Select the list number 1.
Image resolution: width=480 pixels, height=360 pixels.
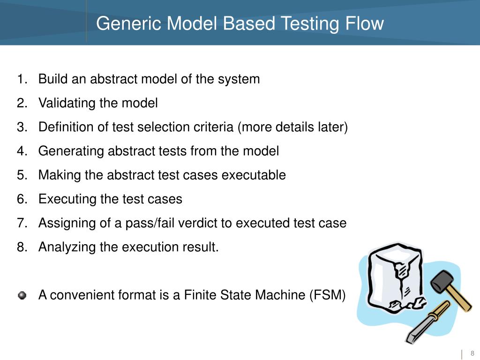tap(21, 79)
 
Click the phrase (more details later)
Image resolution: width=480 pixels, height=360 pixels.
tap(293, 127)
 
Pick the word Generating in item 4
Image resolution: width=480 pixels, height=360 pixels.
tap(71, 151)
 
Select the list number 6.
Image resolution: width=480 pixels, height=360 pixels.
tap(21, 199)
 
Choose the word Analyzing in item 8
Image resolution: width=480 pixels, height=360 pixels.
tap(67, 247)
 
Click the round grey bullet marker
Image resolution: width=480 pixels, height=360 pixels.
tap(22, 295)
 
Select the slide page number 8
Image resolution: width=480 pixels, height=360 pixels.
tap(472, 353)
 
